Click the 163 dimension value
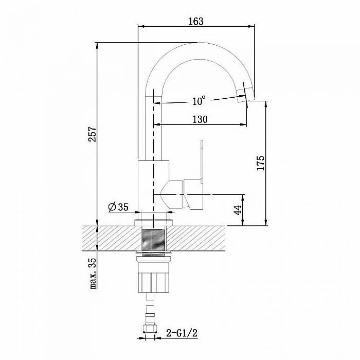(x=196, y=21)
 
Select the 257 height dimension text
(x=93, y=134)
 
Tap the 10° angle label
(x=199, y=101)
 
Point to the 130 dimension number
(x=200, y=119)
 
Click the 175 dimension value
(x=261, y=163)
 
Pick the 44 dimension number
(x=238, y=210)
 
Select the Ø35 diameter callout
(x=118, y=207)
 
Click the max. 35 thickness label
(x=93, y=273)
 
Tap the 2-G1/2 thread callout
(x=182, y=333)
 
